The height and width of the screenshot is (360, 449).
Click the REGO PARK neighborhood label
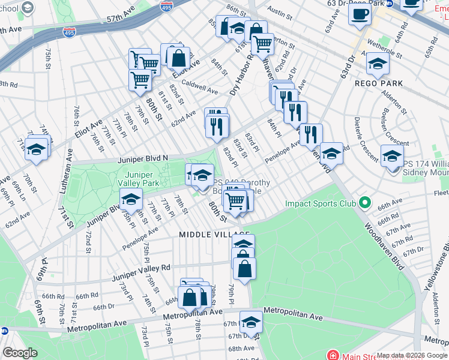[x=378, y=83]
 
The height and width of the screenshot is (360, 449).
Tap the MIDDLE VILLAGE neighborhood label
[x=214, y=234]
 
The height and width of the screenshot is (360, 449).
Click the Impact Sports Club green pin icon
[x=363, y=203]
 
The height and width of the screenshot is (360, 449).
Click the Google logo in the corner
[x=20, y=353]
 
